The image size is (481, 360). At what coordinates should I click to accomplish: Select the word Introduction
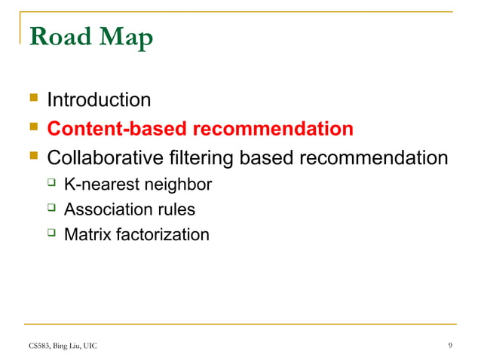[x=99, y=99]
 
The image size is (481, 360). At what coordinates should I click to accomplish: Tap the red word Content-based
[x=118, y=129]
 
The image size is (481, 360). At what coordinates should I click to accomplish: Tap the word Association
[x=106, y=210]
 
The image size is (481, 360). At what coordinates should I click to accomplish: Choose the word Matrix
[x=87, y=235]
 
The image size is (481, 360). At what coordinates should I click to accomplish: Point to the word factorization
[x=161, y=235]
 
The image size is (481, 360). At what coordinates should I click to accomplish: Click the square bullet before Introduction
[x=32, y=99]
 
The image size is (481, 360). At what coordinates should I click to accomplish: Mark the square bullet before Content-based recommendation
[x=32, y=127]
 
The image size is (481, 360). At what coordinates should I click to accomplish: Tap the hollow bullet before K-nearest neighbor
[x=51, y=183]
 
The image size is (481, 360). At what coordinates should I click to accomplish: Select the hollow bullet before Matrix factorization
[x=51, y=233]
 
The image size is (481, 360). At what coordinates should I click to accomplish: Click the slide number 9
[x=450, y=346]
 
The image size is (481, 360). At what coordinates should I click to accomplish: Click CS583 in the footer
[x=40, y=346]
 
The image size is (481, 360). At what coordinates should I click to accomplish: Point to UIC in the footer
[x=88, y=346]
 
